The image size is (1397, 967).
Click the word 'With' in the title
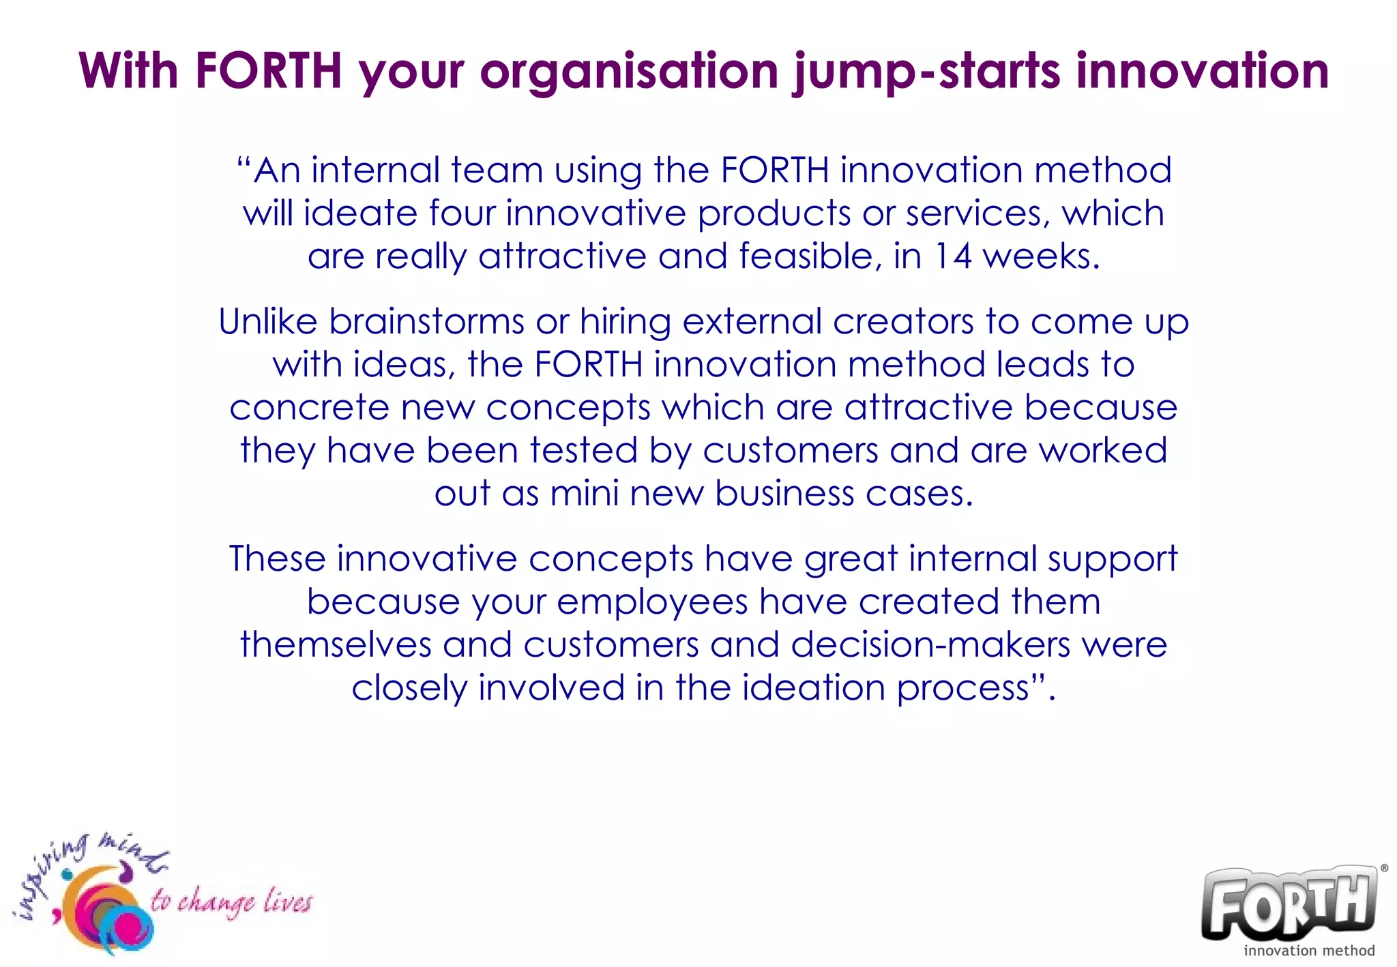point(128,70)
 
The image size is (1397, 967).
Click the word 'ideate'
point(360,213)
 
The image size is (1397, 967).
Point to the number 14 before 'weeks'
point(952,256)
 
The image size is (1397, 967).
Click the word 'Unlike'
point(267,321)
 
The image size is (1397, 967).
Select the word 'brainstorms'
point(426,321)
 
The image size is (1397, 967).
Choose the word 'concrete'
point(309,408)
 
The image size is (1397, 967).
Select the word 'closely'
point(409,688)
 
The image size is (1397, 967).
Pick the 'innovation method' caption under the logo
point(1309,950)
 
